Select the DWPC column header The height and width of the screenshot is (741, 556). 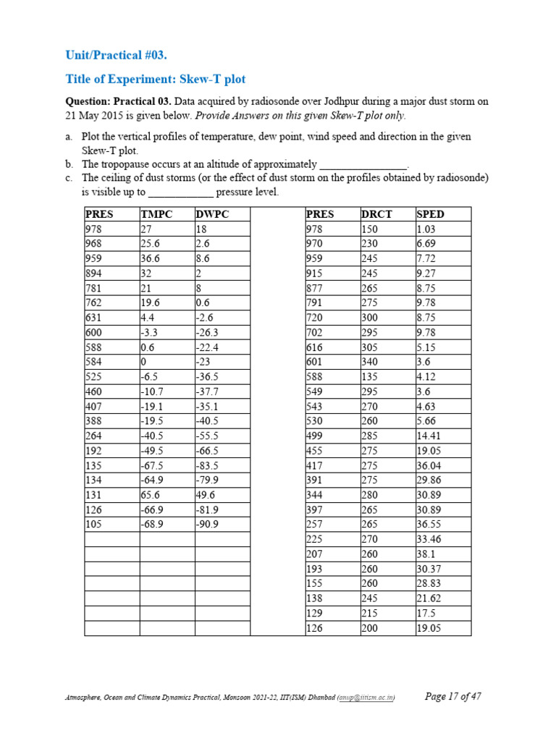click(x=211, y=214)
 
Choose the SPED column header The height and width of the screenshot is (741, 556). click(x=430, y=214)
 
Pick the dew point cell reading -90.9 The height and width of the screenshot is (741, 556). click(x=207, y=524)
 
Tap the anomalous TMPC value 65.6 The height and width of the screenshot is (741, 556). click(x=151, y=494)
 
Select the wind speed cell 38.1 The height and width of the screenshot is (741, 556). click(x=426, y=554)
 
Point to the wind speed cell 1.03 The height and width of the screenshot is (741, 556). click(x=426, y=229)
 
